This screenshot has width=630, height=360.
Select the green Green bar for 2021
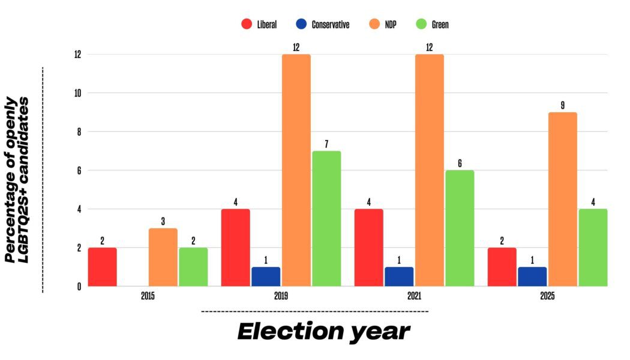click(459, 228)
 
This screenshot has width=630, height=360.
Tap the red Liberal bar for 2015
click(102, 266)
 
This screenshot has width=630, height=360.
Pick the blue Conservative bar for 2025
click(532, 277)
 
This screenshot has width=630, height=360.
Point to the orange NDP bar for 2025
click(562, 199)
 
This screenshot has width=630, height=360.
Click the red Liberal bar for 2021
click(368, 247)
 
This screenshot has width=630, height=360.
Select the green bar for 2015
click(193, 266)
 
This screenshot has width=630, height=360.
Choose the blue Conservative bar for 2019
click(266, 277)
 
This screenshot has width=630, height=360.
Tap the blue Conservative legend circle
click(302, 25)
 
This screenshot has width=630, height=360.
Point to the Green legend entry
click(432, 25)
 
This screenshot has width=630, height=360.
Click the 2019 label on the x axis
click(281, 296)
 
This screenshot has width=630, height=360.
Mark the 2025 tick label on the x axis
click(547, 296)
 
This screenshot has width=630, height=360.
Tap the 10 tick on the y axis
click(77, 93)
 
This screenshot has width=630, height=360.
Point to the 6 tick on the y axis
click(79, 170)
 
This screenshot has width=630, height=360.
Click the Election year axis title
click(323, 331)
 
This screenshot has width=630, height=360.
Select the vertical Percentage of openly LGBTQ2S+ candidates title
click(18, 179)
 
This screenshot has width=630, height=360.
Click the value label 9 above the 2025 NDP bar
click(562, 105)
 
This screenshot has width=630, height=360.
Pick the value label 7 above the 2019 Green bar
click(326, 143)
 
